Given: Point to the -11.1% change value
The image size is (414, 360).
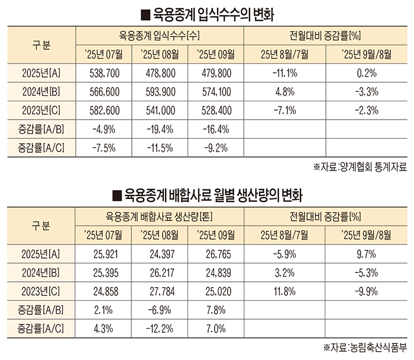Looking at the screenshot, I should [284, 75].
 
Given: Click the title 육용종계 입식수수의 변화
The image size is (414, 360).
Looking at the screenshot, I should [208, 12].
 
